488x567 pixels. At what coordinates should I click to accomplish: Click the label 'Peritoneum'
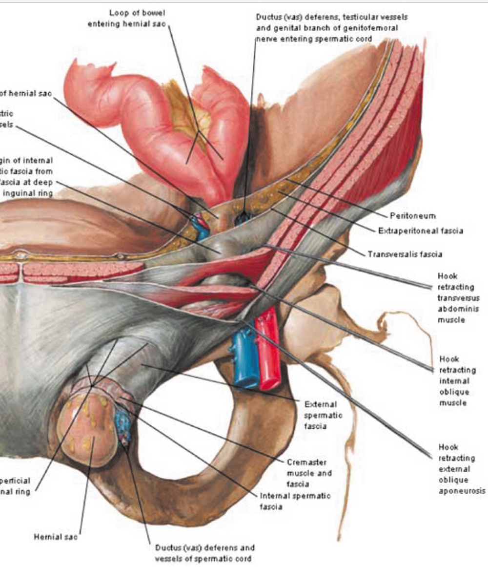coord(412,215)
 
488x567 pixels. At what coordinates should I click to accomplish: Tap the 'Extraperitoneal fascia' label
coord(420,231)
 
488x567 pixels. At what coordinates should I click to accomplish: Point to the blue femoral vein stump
coord(244,358)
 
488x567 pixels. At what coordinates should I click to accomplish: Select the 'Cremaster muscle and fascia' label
coord(309,473)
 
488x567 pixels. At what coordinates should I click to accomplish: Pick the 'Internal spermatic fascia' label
coord(295,501)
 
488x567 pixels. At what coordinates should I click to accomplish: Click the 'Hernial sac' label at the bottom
coord(55,537)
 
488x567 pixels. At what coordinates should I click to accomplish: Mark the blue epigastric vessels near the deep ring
coord(200,225)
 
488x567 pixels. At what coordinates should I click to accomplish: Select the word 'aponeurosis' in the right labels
coord(461,490)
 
